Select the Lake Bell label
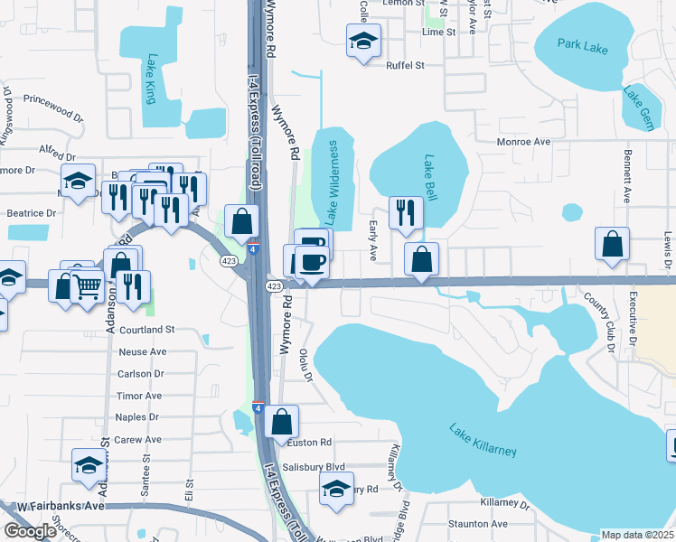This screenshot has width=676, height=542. tap(430, 177)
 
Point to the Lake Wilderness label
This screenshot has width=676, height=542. tap(333, 182)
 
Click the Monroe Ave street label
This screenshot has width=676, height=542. tap(523, 142)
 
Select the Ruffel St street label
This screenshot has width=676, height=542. tap(405, 65)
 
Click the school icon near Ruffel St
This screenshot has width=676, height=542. tap(364, 41)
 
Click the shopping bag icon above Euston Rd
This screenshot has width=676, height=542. tap(282, 421)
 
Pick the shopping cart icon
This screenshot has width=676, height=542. tap(87, 287)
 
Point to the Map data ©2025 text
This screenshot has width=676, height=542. tap(637, 535)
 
